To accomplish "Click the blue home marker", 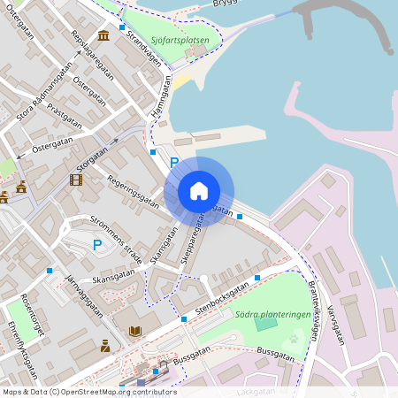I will coord(199,191).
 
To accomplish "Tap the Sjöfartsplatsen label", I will coord(180,40).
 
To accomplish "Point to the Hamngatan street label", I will coord(160,101).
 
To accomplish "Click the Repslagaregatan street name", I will coord(92,57).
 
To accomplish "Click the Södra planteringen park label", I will coord(272,314).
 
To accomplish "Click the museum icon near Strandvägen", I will coord(104,35).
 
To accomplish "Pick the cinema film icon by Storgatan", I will coord(76,180).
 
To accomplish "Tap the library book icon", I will coord(134,332).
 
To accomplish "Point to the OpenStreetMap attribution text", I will coord(88,392).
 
